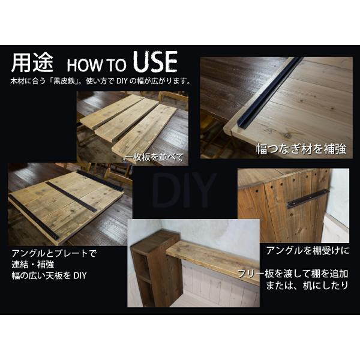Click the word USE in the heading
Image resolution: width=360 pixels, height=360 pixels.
(x=155, y=62)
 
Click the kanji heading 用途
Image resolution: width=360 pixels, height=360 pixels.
(x=32, y=62)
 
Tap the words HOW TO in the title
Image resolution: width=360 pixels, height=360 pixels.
(x=97, y=65)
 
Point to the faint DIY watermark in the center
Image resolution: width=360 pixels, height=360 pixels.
(x=184, y=190)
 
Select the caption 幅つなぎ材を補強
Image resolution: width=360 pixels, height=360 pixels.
(x=301, y=149)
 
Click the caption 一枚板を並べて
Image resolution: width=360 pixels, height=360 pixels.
(x=154, y=157)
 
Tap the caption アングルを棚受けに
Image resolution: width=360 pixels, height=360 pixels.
(x=308, y=250)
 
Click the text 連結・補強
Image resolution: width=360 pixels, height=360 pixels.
(x=33, y=265)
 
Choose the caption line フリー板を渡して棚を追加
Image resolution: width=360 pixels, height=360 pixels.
(x=293, y=274)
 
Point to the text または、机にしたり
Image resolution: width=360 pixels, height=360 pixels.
(x=307, y=286)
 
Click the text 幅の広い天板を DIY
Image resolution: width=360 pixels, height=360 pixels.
(x=49, y=275)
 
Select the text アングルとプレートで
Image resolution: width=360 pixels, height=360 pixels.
(x=55, y=253)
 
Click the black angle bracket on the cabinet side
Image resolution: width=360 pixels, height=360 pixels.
(x=308, y=197)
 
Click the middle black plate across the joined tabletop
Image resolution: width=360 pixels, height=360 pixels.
(x=71, y=197)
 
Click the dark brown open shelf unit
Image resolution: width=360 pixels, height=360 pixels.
(x=157, y=268)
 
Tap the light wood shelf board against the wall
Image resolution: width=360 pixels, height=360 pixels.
(x=212, y=261)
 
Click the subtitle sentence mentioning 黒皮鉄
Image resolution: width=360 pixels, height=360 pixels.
(x=101, y=81)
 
